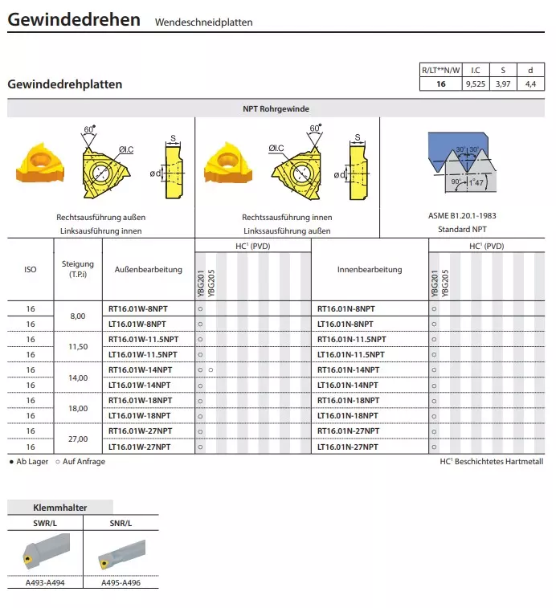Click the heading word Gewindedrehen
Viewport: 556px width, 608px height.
pyautogui.click(x=74, y=19)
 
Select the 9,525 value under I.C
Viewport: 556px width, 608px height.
pyautogui.click(x=475, y=84)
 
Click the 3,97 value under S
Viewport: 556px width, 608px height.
pyautogui.click(x=504, y=84)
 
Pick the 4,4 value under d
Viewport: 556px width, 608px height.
pyautogui.click(x=529, y=84)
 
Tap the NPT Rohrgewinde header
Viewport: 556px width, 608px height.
pyautogui.click(x=276, y=108)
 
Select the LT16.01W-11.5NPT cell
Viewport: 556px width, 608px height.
pyautogui.click(x=143, y=354)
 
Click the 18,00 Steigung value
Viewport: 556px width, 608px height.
pyautogui.click(x=78, y=408)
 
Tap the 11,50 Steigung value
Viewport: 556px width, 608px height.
pyautogui.click(x=78, y=347)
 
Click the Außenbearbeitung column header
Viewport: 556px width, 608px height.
pyautogui.click(x=149, y=270)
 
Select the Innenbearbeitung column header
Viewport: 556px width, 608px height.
pyautogui.click(x=370, y=270)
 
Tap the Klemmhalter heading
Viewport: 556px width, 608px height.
pyautogui.click(x=60, y=508)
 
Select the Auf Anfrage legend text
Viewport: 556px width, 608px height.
pyautogui.click(x=84, y=462)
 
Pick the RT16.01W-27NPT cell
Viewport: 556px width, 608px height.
pyautogui.click(x=140, y=431)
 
